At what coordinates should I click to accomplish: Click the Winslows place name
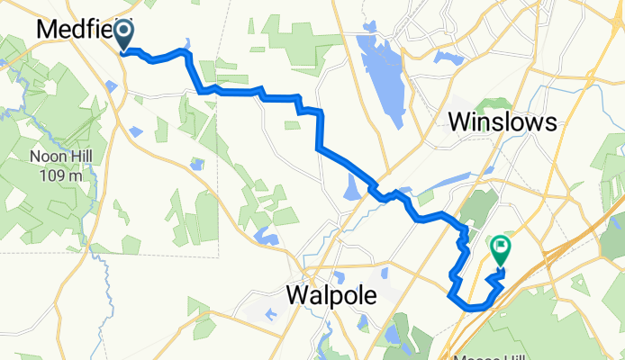503,121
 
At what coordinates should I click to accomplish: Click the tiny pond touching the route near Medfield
187,43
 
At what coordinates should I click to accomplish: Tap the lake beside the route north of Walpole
350,187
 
